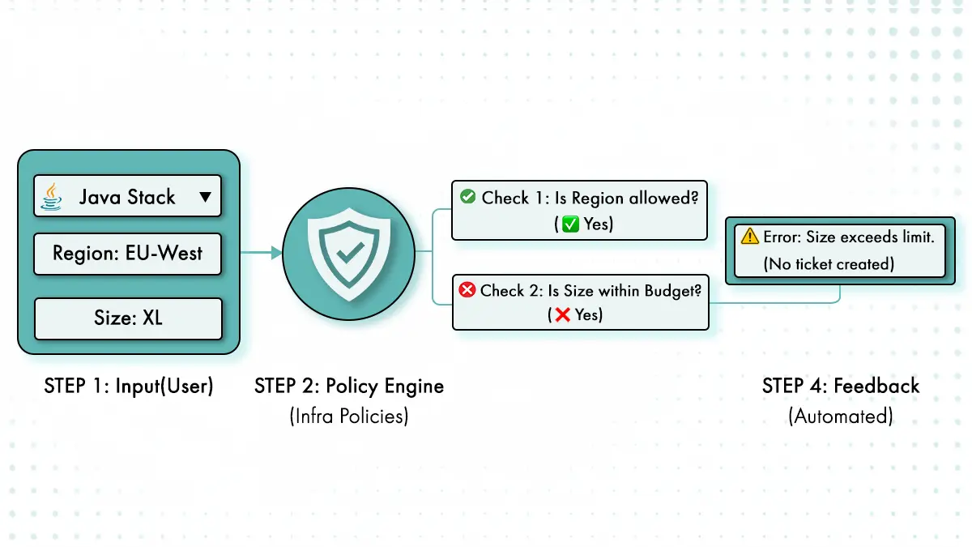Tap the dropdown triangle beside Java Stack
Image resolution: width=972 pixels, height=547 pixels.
tap(205, 196)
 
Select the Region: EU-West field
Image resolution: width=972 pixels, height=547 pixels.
tap(127, 254)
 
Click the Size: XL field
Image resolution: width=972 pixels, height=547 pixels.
tap(127, 318)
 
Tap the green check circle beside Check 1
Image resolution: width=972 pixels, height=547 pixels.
tap(467, 197)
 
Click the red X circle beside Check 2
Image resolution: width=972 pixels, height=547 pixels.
tap(467, 289)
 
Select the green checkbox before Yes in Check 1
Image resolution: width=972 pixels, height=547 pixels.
tap(570, 224)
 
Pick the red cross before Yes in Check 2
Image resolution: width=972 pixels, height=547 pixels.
tap(562, 315)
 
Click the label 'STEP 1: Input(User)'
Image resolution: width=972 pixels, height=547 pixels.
tap(129, 387)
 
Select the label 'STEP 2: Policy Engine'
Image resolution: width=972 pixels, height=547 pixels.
tap(349, 387)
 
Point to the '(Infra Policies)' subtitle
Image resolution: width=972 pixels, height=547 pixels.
tap(349, 417)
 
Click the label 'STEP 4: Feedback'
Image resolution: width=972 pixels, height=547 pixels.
tap(840, 386)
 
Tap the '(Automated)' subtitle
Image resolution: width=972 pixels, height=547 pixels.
tap(840, 417)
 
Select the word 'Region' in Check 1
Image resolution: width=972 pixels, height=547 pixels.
tap(599, 198)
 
